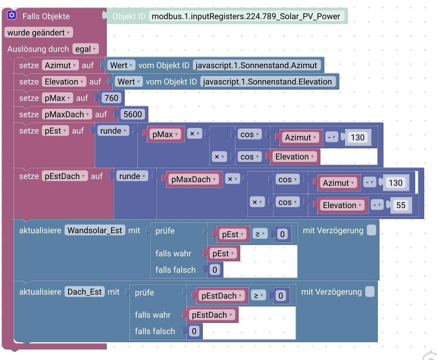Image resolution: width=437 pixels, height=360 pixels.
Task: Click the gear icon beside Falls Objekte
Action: point(12,16)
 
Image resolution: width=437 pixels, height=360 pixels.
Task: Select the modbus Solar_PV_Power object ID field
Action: point(246,16)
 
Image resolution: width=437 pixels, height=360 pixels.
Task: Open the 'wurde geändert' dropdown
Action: point(39,33)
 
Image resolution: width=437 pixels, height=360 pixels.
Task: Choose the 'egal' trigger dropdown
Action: point(85,49)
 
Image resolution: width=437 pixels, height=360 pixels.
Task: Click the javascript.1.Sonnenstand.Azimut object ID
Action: point(256,65)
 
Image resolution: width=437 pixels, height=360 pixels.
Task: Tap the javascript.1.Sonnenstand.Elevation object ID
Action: point(267,82)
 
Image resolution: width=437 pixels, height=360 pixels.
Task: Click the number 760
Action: point(111,98)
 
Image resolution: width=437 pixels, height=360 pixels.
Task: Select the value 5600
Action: point(133,114)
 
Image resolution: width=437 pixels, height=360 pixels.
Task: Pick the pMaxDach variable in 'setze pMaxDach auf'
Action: point(66,114)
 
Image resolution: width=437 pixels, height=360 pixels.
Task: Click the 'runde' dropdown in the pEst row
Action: point(114,131)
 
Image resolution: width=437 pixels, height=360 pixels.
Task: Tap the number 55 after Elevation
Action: point(401,205)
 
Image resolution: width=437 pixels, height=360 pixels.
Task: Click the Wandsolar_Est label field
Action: point(95,230)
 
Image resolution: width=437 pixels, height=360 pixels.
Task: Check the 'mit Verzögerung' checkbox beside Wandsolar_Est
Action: point(371,230)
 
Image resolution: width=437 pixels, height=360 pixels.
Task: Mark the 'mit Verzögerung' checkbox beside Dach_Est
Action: point(370,292)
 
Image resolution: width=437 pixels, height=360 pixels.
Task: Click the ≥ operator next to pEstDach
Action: point(259,296)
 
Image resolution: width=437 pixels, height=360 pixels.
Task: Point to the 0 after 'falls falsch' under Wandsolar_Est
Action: point(214,270)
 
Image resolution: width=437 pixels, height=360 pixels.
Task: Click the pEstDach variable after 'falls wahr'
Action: point(212,315)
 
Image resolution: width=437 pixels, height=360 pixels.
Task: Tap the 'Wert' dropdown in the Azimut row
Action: point(121,65)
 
